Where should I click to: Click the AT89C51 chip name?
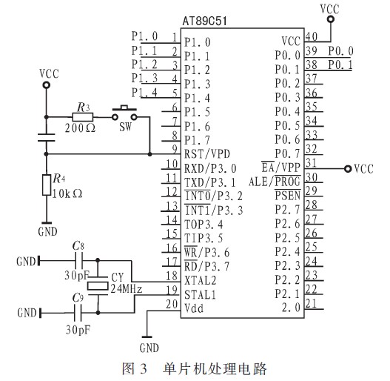pos(204,21)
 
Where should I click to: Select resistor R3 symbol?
pos(83,117)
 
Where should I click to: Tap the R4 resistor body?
pos(47,185)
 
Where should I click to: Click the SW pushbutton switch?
pos(124,113)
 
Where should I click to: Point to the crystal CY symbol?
pos(98,286)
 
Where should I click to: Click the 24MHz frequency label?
pos(127,288)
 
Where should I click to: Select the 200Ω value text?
pos(80,128)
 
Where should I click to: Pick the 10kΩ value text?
pos(67,193)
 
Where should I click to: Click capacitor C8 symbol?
pos(79,261)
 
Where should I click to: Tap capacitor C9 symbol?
pos(78,313)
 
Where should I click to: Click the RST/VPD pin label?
pos(207,153)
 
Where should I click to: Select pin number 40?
pos(311,36)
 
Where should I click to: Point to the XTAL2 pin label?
pos(201,280)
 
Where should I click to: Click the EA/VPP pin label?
pos(280,167)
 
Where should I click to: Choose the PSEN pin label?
pos(288,195)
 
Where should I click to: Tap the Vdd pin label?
pos(194,308)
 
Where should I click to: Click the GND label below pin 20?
pos(149,348)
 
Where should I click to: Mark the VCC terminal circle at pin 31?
pos(348,169)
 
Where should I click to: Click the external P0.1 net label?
pos(340,64)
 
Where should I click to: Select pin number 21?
pos(311,303)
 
